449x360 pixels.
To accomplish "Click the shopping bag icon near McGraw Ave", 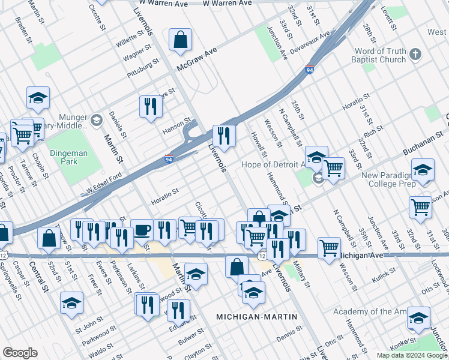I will (180, 40).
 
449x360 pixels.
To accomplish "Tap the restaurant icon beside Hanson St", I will (150, 107).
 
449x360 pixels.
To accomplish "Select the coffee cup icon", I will (142, 230).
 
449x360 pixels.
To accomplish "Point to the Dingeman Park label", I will (68, 157).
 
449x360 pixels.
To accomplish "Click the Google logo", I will (20, 353).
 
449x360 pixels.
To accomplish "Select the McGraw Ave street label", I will (196, 62).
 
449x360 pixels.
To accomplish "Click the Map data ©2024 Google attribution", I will (412, 355).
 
